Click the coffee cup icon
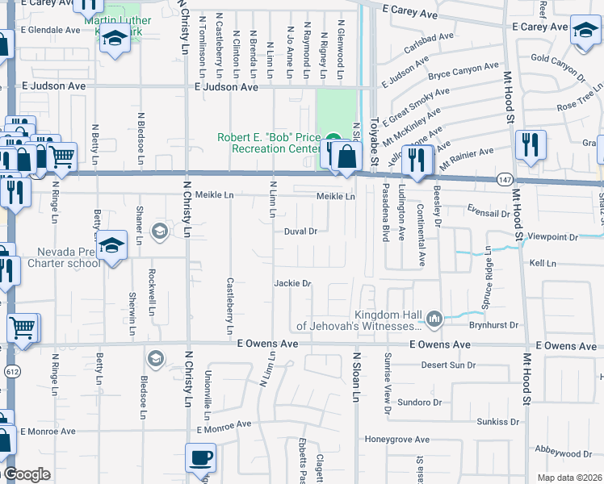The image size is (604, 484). [x=200, y=458]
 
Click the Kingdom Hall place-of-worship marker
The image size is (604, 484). [x=435, y=320]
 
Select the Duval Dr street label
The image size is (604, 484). [x=300, y=232]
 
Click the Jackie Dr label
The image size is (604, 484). [x=292, y=283]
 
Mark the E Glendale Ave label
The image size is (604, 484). [x=50, y=30]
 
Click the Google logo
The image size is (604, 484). [x=27, y=474]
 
